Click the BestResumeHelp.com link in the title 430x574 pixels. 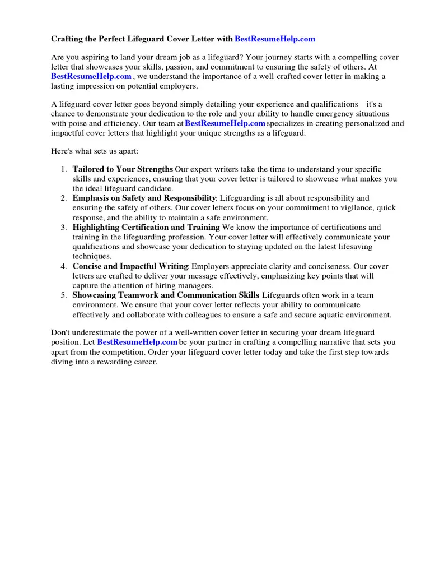point(275,39)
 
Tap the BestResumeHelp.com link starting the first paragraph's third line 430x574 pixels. point(91,77)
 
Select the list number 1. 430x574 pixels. point(64,169)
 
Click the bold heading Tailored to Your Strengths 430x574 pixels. point(123,169)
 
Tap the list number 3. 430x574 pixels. point(64,228)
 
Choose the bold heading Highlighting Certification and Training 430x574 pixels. point(146,228)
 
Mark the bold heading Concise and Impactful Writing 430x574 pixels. point(131,266)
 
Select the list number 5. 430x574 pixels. point(64,295)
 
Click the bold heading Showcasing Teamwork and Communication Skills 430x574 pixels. point(166,295)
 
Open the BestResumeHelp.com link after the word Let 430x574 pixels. point(137,342)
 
